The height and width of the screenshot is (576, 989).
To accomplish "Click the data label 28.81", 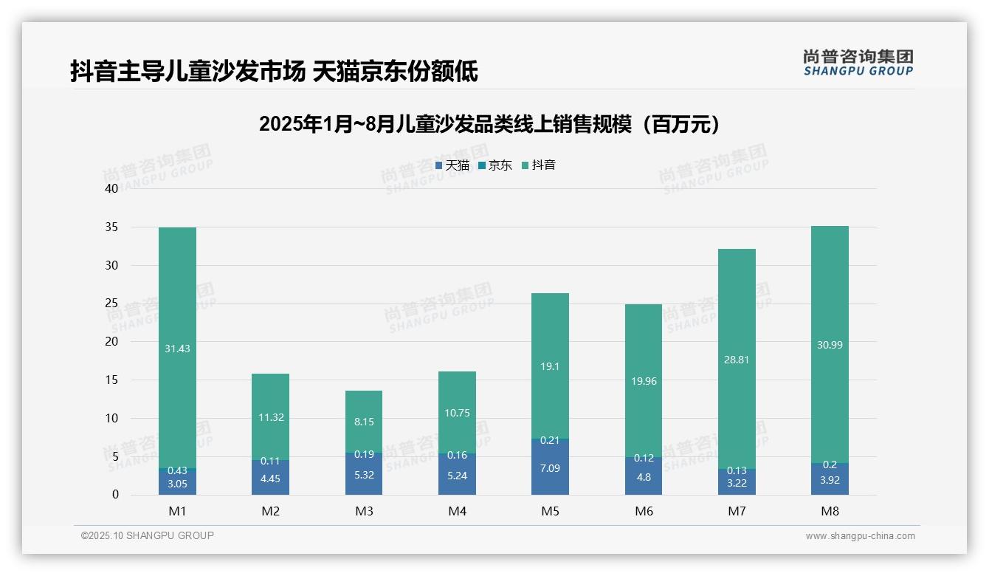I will pos(737,360).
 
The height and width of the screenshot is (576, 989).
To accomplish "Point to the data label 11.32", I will pos(270,417).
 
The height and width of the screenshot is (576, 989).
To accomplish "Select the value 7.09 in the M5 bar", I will pos(550,467).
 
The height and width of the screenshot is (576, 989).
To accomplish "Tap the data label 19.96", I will pos(643,381).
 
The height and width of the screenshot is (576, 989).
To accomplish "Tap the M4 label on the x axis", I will pos(457,511).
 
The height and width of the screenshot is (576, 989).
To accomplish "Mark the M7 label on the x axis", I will pos(737,511).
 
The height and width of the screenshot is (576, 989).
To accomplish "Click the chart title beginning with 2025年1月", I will pos(489,125).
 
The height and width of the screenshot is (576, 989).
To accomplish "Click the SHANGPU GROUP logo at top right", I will pos(858,63).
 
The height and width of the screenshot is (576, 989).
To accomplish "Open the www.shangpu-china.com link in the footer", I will pos(860,536).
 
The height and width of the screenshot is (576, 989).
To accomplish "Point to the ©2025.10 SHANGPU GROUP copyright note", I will pos(148,536).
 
